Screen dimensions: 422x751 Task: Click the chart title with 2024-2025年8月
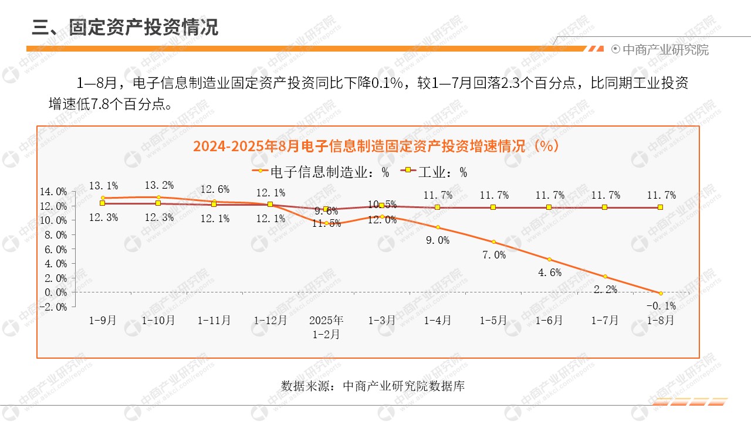[375, 146]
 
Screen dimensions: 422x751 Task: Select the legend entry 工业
[434, 172]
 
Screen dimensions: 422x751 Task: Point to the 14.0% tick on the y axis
[53, 192]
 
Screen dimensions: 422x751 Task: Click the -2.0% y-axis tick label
[53, 307]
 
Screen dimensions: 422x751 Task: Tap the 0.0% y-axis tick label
[53, 292]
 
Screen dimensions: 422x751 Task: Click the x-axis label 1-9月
[103, 321]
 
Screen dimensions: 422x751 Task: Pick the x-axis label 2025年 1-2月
[326, 327]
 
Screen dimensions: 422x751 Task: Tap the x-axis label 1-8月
[660, 321]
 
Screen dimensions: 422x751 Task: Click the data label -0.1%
[661, 305]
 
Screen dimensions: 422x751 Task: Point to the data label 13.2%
[159, 185]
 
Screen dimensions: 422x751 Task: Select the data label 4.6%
[549, 272]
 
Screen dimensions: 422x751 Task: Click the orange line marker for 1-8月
[661, 293]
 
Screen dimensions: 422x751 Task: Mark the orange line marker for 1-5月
[493, 242]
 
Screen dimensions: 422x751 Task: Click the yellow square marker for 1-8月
[661, 207]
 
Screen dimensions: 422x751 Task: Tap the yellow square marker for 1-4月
[438, 207]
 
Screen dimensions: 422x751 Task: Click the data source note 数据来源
[373, 386]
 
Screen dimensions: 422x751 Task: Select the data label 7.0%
[493, 254]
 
